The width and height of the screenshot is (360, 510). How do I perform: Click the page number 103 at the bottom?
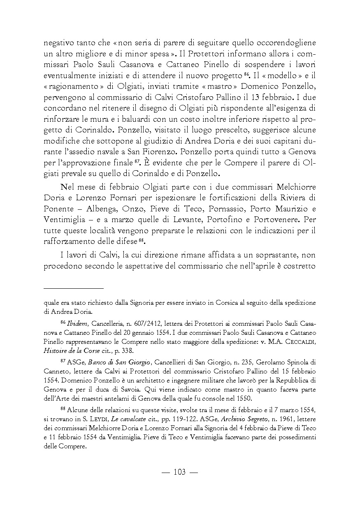pyautogui.click(x=180, y=472)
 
